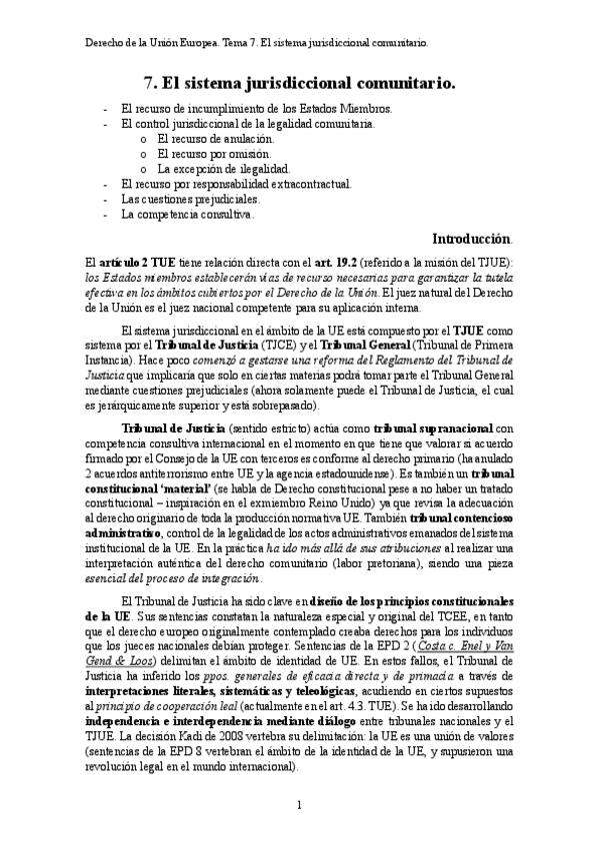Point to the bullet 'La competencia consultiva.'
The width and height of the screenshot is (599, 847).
[187, 214]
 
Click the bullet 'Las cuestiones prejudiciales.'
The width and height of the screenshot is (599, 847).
[190, 199]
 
